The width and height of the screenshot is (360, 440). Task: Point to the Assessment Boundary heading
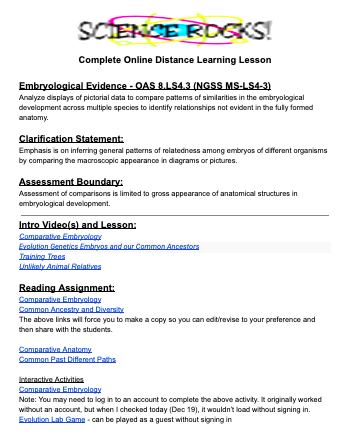(x=71, y=181)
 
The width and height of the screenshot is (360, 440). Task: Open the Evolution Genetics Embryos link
(x=109, y=246)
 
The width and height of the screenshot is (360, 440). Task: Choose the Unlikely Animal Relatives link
(x=61, y=267)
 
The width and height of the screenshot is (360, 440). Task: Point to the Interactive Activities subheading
(x=56, y=379)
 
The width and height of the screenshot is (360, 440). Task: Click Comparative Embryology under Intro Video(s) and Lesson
(x=61, y=236)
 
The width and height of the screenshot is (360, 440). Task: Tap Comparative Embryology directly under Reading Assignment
(x=61, y=299)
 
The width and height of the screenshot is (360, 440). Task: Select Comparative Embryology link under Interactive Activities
(x=61, y=389)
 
